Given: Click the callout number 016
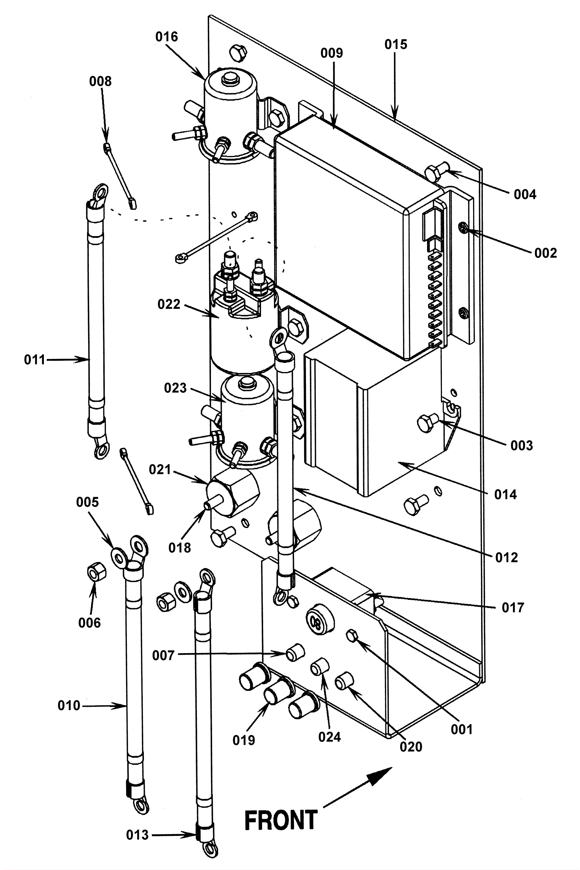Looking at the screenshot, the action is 166,37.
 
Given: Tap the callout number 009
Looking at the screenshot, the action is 331,53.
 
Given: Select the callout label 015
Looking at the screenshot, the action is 396,44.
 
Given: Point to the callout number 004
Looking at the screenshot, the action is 525,194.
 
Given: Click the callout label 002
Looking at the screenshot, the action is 546,253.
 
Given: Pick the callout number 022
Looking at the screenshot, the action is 169,304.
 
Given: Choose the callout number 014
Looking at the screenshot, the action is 506,494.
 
